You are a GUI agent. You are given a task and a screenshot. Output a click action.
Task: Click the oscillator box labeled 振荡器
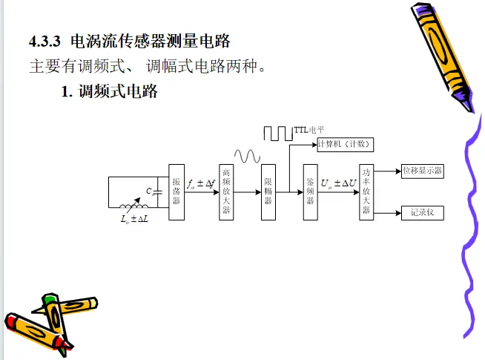click(176, 192)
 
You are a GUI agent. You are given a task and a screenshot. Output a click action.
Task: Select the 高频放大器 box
click(226, 192)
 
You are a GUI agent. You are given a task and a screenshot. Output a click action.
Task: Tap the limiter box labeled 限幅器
click(268, 192)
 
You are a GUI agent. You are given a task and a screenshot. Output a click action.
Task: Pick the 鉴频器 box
click(311, 192)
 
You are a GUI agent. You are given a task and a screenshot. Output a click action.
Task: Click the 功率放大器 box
click(366, 192)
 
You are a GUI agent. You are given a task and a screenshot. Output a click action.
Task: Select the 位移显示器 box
click(422, 171)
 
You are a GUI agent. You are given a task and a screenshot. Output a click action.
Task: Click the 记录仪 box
click(422, 213)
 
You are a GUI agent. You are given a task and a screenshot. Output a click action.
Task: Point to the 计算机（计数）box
click(343, 143)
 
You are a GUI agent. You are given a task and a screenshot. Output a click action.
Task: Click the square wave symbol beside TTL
click(278, 133)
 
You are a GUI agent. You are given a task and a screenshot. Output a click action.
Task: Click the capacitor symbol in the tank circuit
click(156, 192)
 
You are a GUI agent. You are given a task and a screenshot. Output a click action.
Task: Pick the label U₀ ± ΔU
click(339, 183)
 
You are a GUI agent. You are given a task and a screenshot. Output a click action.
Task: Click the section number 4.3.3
click(44, 39)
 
